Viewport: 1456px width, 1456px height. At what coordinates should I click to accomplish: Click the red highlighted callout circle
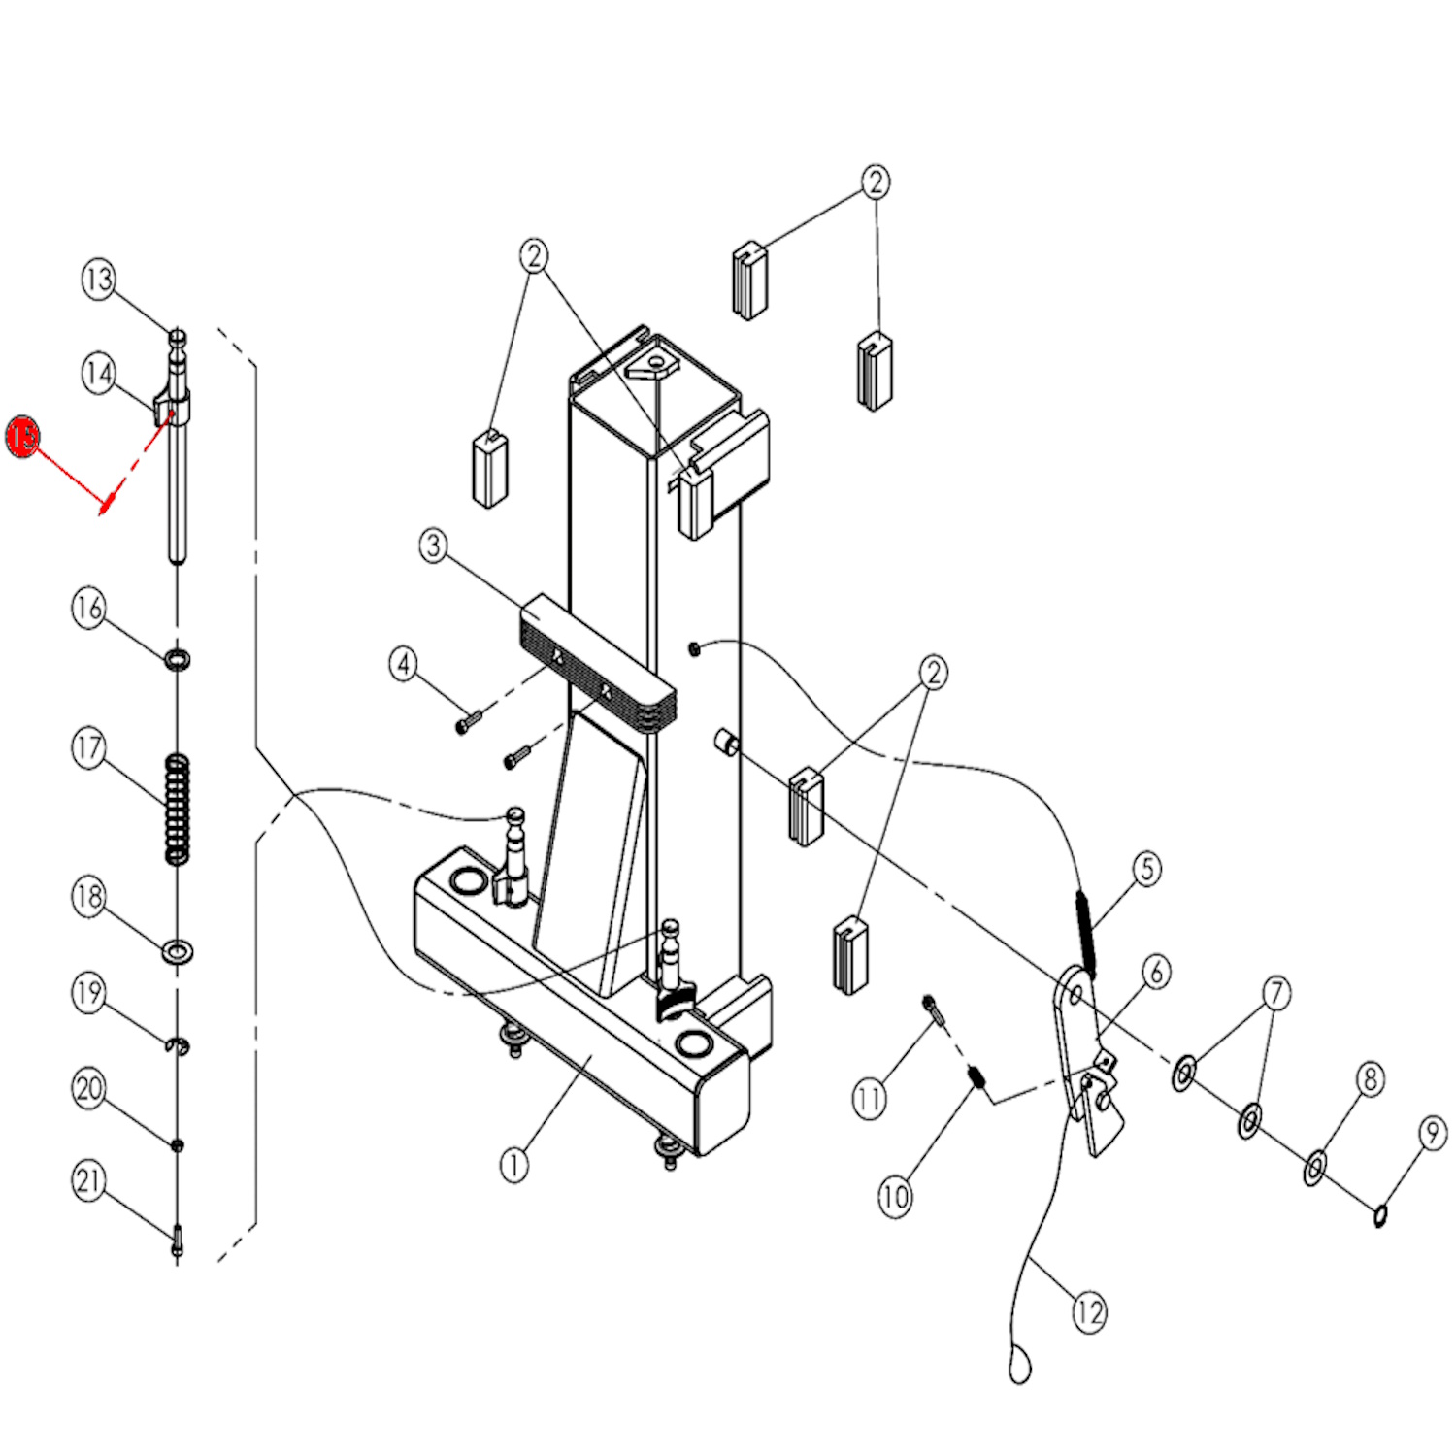click(x=22, y=437)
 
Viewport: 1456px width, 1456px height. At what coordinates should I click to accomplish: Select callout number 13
click(x=98, y=280)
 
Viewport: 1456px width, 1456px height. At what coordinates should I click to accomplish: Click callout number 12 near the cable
click(x=1088, y=1312)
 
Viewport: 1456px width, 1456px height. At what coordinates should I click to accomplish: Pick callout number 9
click(x=1432, y=1133)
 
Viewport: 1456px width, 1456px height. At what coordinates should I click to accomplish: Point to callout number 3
click(x=433, y=546)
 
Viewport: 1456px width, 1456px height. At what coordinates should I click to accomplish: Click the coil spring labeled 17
click(x=176, y=808)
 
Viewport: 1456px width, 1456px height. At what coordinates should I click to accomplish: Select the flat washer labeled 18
click(x=177, y=950)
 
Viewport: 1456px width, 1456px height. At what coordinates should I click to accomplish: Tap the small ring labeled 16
click(x=177, y=660)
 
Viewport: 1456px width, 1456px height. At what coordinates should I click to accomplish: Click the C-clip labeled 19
click(x=178, y=1044)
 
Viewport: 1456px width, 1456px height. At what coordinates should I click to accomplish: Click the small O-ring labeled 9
click(x=1379, y=1214)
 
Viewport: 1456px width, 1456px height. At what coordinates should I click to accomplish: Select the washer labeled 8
click(x=1313, y=1169)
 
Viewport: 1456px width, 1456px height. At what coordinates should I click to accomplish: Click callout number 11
click(x=868, y=1100)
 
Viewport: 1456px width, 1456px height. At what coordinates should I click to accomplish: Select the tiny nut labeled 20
click(x=177, y=1145)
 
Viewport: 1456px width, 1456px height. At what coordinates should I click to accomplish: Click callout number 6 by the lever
click(x=1155, y=972)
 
